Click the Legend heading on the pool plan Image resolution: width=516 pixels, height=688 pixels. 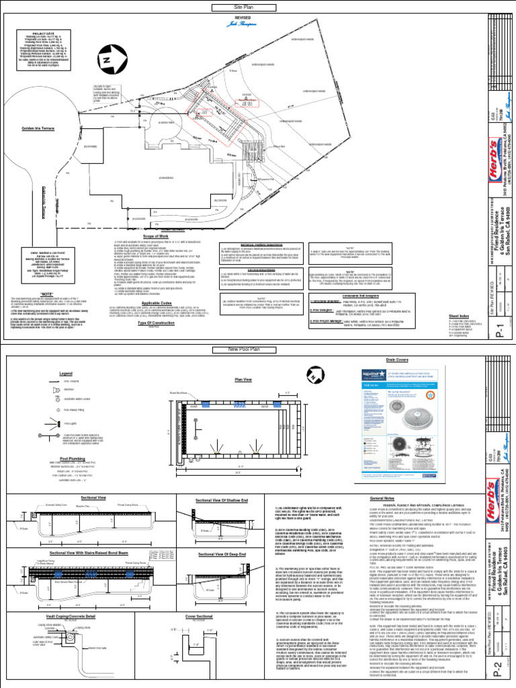click(x=65, y=373)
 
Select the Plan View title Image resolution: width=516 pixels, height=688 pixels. click(x=243, y=380)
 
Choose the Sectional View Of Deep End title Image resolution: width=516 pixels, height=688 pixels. click(x=222, y=553)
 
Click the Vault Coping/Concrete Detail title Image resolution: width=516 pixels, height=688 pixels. click(x=71, y=615)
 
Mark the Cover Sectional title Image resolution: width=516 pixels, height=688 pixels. click(x=200, y=615)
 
